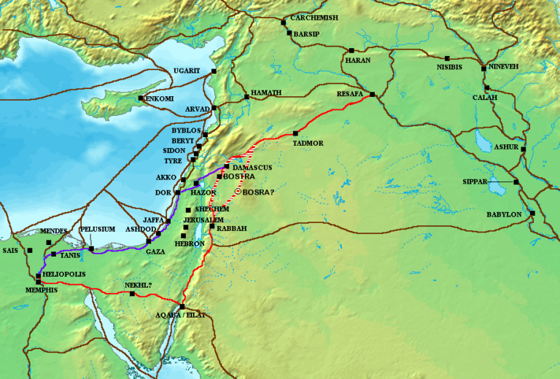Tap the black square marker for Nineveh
483,69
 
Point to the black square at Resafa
372,95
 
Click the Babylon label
505,214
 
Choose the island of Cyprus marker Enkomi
141,98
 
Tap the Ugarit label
192,71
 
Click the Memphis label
41,289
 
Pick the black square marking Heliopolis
38,276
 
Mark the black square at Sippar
516,182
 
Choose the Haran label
358,60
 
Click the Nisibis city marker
447,58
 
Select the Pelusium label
98,229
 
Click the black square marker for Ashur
524,149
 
